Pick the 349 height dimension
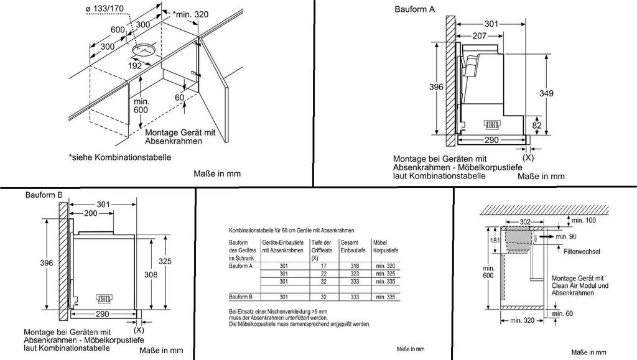pyautogui.click(x=546, y=93)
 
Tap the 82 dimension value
pyautogui.click(x=537, y=125)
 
